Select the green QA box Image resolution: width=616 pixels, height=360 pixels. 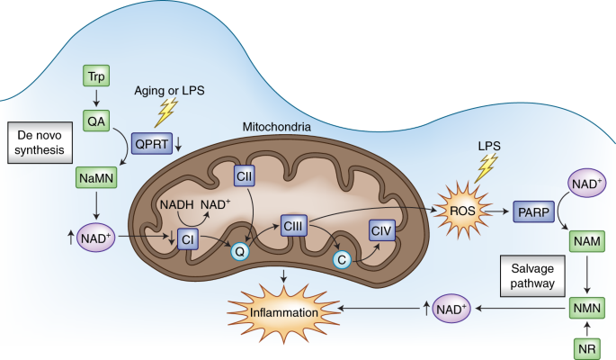pyautogui.click(x=95, y=120)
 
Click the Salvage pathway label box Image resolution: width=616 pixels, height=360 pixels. pyautogui.click(x=528, y=273)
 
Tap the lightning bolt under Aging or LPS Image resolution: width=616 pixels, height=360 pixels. pyautogui.click(x=166, y=110)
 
